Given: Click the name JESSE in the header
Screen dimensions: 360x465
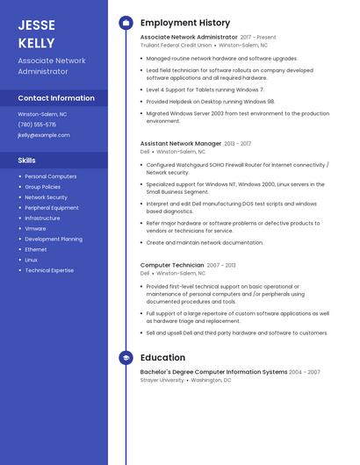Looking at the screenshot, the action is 36,25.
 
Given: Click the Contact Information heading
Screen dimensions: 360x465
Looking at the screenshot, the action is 56,98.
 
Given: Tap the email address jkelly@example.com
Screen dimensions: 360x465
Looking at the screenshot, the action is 43,135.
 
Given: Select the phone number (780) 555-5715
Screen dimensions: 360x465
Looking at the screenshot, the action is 37,125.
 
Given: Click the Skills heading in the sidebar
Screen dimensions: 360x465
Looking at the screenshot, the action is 27,161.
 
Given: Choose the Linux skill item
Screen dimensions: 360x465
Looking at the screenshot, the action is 31,260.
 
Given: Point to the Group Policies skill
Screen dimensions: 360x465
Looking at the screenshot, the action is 42,187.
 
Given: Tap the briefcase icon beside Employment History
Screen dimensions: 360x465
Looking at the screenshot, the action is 126,23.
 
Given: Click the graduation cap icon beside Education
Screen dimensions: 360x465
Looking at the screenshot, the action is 126,358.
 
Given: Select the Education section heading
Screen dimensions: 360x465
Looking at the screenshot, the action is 162,358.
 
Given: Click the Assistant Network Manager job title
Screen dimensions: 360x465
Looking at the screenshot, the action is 181,143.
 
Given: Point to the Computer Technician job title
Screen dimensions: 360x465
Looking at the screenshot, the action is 172,265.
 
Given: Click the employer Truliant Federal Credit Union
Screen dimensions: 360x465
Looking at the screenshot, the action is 176,45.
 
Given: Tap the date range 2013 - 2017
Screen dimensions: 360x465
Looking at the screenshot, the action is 238,143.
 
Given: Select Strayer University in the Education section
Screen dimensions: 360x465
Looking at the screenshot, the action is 162,380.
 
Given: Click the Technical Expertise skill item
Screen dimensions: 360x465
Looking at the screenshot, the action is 49,270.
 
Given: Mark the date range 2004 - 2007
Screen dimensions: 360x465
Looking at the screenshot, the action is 306,372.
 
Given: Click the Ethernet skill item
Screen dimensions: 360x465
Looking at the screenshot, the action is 36,249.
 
